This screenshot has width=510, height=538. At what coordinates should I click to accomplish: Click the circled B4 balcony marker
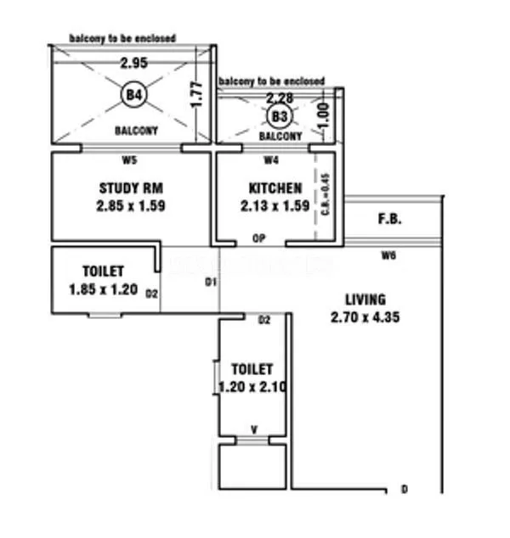(133, 94)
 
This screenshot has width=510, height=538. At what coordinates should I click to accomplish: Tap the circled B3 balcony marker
(277, 115)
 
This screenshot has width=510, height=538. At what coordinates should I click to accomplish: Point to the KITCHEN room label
(275, 188)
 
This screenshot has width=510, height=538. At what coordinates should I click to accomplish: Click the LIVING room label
(365, 300)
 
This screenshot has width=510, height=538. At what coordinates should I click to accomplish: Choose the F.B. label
(389, 219)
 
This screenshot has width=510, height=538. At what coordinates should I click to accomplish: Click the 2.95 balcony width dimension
(133, 63)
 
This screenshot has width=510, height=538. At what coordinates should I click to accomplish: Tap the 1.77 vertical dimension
(196, 92)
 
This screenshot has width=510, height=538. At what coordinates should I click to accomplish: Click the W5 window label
(129, 158)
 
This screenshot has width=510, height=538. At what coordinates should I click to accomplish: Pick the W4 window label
(271, 159)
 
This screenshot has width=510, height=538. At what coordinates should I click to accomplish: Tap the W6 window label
(388, 255)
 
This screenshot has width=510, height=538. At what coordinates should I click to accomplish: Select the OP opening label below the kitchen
(260, 239)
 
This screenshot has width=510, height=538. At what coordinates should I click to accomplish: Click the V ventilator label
(253, 429)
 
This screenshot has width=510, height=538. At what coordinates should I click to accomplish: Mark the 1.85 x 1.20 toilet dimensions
(103, 289)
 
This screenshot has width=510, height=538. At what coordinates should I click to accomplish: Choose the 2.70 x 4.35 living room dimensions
(365, 318)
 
